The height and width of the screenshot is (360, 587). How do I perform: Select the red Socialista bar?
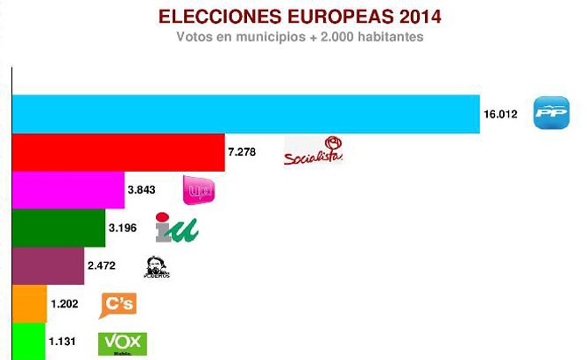117,152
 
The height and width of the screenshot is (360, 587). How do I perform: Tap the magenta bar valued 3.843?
67,190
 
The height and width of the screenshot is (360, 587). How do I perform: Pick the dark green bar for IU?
58,229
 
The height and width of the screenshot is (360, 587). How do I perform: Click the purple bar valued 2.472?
47,266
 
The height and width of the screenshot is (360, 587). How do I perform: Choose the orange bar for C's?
28,304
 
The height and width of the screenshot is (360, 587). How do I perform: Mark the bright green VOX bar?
27,341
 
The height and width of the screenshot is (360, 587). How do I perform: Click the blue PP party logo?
551,115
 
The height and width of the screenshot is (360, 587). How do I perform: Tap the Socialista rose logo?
314,151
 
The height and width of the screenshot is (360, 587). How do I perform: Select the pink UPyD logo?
197,189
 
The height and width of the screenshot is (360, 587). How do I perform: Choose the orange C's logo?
119,304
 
